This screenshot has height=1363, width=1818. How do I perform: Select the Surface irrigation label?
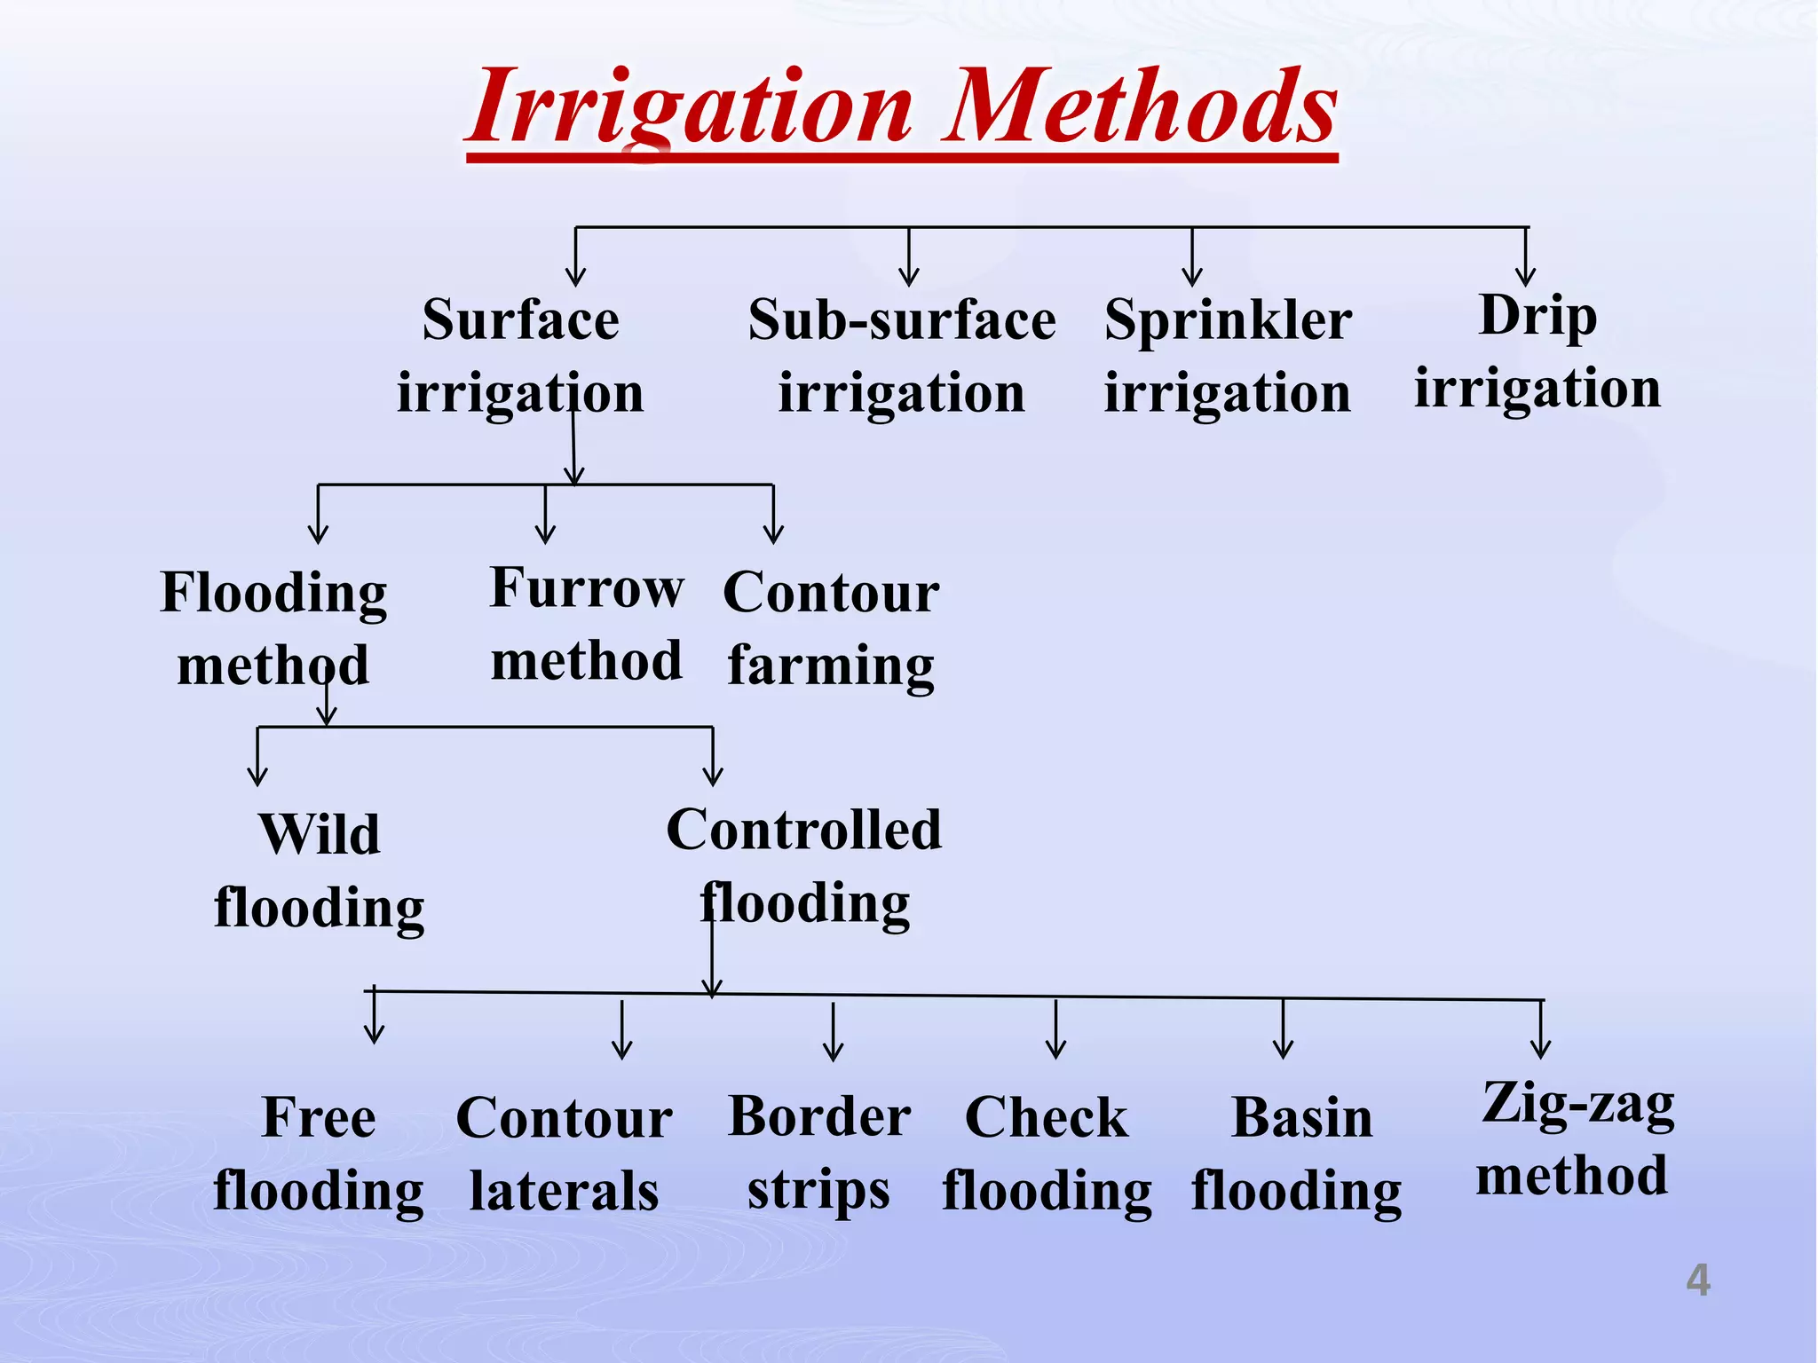(x=520, y=355)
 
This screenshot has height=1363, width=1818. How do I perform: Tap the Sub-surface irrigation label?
(x=902, y=355)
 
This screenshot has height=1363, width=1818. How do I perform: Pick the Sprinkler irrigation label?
(x=1228, y=355)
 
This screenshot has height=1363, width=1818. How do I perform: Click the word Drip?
(x=1537, y=316)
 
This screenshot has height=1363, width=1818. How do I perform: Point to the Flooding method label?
(x=273, y=628)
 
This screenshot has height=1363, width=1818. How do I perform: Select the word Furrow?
(x=587, y=588)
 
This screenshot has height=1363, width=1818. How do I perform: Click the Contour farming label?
(x=831, y=628)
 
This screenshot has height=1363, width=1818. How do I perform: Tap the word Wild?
(x=320, y=835)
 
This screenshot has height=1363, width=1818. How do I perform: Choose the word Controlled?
(x=804, y=831)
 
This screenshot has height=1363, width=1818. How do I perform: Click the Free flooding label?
(x=319, y=1154)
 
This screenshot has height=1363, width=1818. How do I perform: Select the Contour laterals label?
(x=565, y=1154)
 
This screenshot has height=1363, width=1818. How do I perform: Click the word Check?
(x=1047, y=1117)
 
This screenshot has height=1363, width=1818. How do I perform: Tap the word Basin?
(x=1302, y=1118)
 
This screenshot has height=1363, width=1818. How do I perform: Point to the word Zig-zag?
(x=1578, y=1106)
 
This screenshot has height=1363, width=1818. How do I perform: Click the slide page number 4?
(x=1697, y=1280)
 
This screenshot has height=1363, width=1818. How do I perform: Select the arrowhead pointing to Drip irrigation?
(x=1525, y=277)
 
